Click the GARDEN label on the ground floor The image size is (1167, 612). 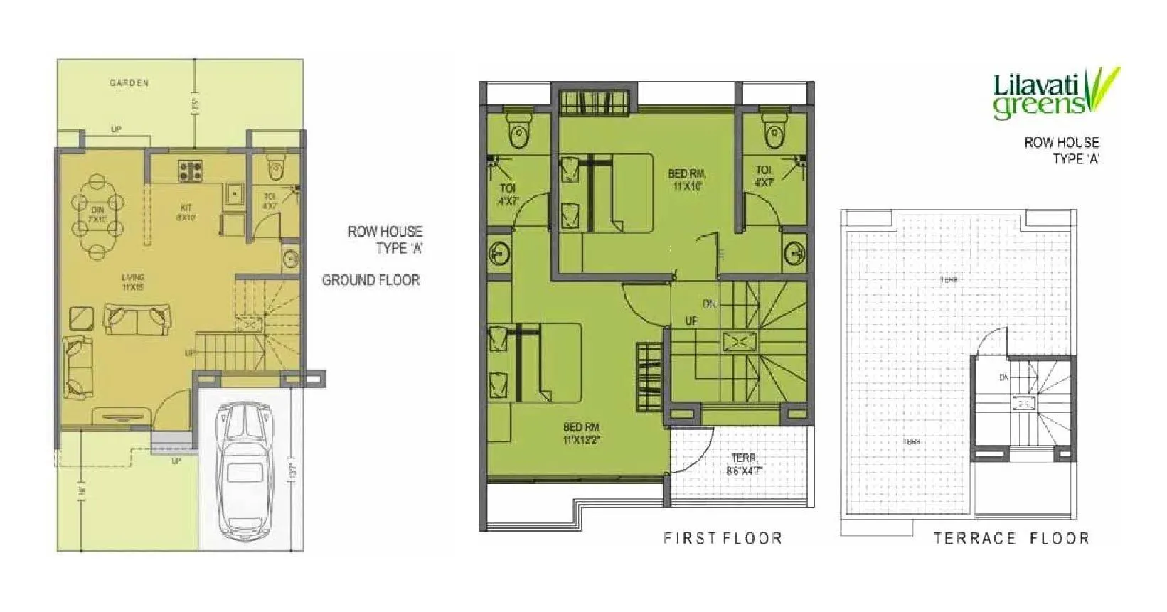(129, 83)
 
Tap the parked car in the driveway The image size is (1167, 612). (243, 469)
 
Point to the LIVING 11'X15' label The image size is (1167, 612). (133, 282)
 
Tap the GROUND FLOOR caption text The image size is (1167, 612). (371, 280)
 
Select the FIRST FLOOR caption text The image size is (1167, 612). (723, 538)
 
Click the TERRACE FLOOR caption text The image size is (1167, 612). (1011, 538)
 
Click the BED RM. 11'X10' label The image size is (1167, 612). (686, 179)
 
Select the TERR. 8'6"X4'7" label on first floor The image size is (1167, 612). (745, 464)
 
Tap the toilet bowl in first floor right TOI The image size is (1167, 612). (773, 132)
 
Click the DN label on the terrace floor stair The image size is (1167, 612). (1003, 377)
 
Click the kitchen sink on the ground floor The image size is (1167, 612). (233, 193)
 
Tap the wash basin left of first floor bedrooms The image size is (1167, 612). (500, 252)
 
